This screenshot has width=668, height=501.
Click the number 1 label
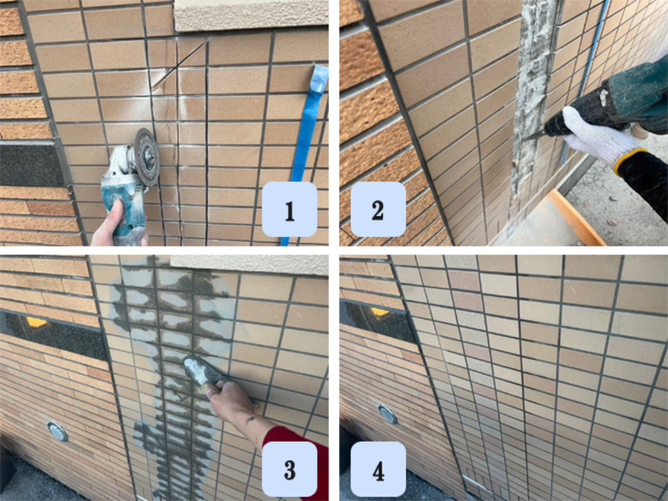tap(289, 210)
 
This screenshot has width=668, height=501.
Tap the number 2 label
tap(378, 210)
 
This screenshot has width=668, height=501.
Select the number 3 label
tap(289, 469)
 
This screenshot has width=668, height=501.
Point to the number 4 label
tap(378, 469)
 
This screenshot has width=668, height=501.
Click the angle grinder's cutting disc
tap(147, 157)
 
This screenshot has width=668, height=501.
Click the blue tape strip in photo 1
tap(305, 154)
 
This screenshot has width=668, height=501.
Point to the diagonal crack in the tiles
tap(180, 64)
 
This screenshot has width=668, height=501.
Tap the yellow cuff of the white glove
tap(626, 160)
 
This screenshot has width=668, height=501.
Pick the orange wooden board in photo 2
tap(577, 218)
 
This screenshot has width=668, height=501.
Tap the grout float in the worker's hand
tap(202, 370)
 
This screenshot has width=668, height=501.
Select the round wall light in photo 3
tap(58, 431)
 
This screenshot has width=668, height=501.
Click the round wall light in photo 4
tap(388, 413)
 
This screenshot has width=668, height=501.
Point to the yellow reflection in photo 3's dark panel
tap(36, 322)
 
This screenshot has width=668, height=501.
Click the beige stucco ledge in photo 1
tap(251, 15)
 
